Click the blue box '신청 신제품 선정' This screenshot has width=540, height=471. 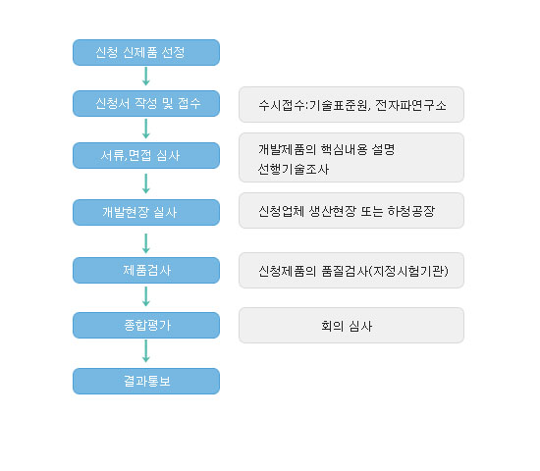pyautogui.click(x=146, y=52)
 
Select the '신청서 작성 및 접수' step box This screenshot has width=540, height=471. pyautogui.click(x=146, y=103)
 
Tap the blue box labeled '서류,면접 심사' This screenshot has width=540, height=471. pyautogui.click(x=146, y=156)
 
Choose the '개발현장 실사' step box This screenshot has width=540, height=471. pyautogui.click(x=146, y=212)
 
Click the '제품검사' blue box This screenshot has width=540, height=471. pyautogui.click(x=146, y=270)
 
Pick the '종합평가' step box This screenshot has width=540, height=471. pyautogui.click(x=146, y=326)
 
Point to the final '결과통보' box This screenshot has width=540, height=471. pyautogui.click(x=146, y=381)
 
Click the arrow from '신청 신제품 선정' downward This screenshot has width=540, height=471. pyautogui.click(x=146, y=77)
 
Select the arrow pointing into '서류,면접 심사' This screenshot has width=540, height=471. pyautogui.click(x=146, y=129)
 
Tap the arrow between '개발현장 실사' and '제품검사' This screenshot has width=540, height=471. pyautogui.click(x=146, y=243)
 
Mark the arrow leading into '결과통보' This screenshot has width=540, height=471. pyautogui.click(x=146, y=351)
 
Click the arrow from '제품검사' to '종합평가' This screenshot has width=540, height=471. pyautogui.click(x=146, y=296)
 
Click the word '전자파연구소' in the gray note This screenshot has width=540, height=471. pyautogui.click(x=410, y=105)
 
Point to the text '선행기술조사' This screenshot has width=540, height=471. pyautogui.click(x=294, y=170)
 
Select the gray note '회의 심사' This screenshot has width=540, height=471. pyautogui.click(x=351, y=326)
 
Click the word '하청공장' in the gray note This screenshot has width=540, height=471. pyautogui.click(x=411, y=211)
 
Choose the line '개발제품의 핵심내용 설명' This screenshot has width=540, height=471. pyautogui.click(x=327, y=149)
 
